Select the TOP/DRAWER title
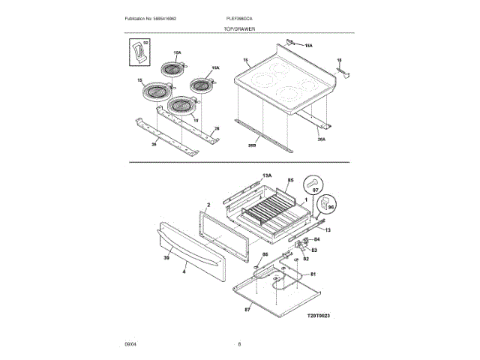click(x=240, y=28)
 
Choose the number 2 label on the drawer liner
click(x=208, y=204)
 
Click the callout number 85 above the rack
click(x=289, y=181)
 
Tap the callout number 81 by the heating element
click(x=314, y=274)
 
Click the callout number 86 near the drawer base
click(x=265, y=255)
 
